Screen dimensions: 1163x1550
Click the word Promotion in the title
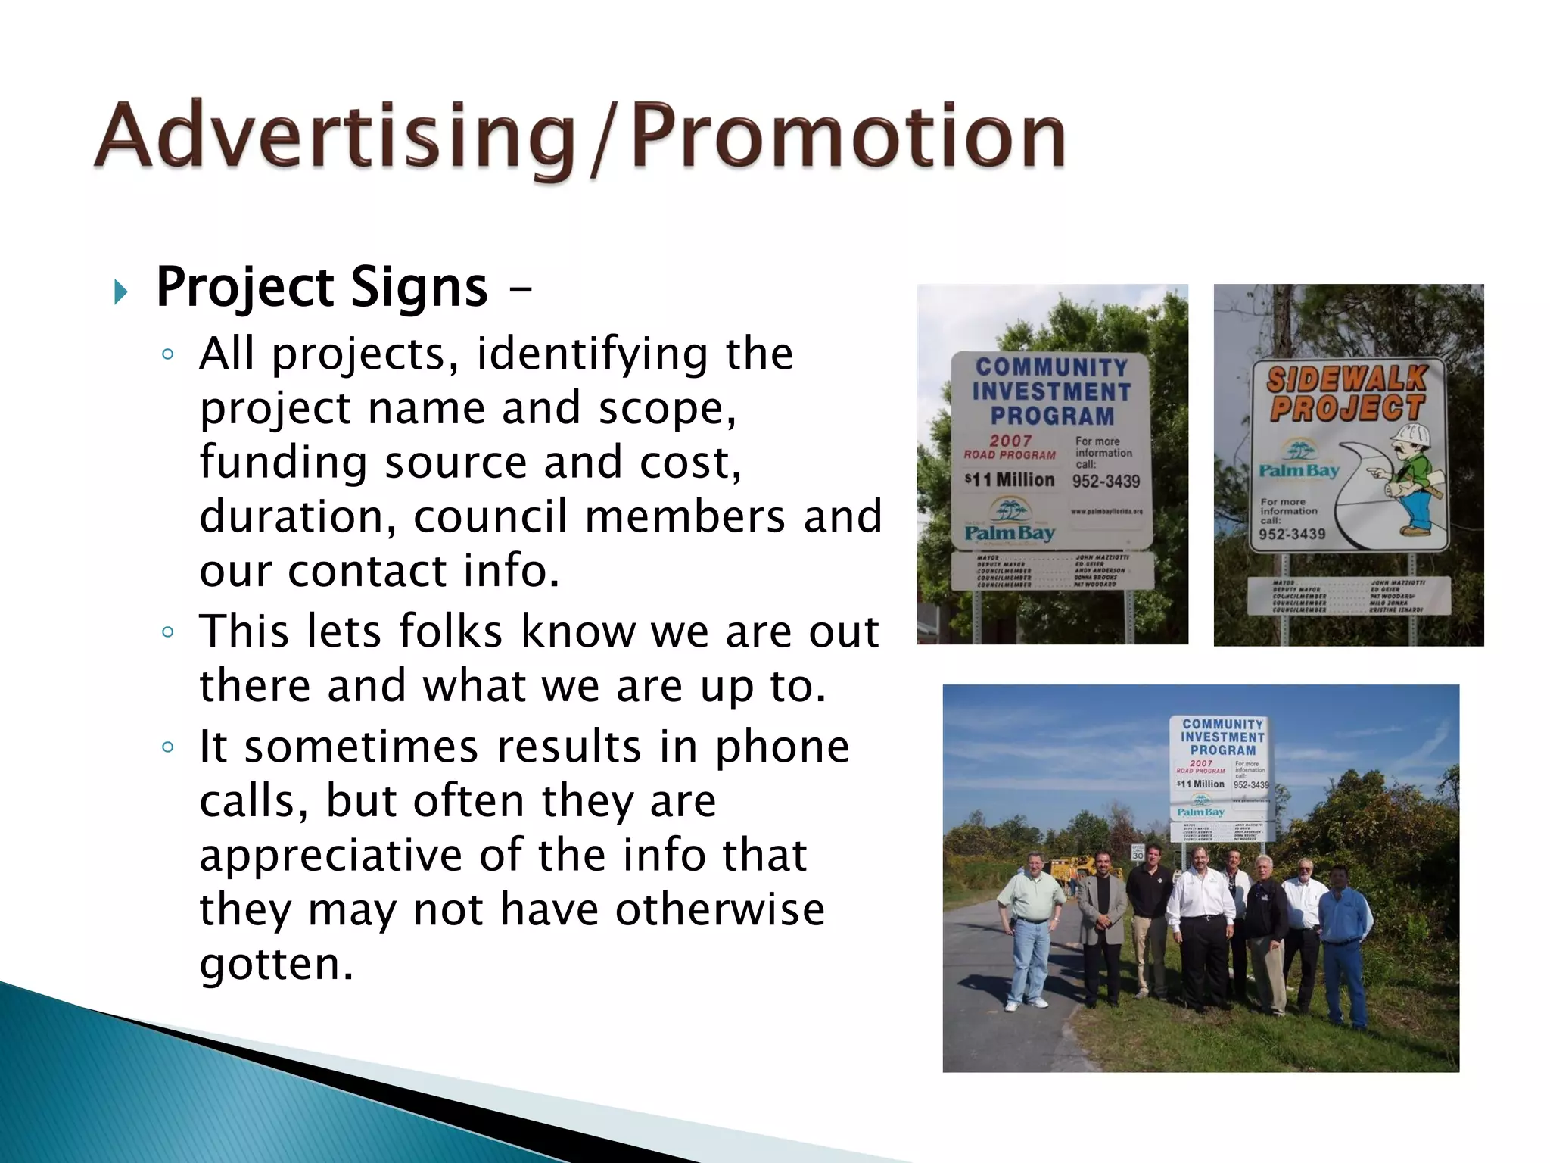coord(848,136)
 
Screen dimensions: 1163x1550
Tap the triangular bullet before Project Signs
coord(120,291)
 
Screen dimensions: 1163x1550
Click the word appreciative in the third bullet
coord(330,855)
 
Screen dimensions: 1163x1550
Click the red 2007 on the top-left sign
coord(1010,441)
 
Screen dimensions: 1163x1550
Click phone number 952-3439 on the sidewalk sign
coord(1292,535)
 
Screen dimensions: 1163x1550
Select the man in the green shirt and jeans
coord(1029,928)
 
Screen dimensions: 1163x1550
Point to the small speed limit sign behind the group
coord(1138,852)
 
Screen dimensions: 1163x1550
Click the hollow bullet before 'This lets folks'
coord(168,632)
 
